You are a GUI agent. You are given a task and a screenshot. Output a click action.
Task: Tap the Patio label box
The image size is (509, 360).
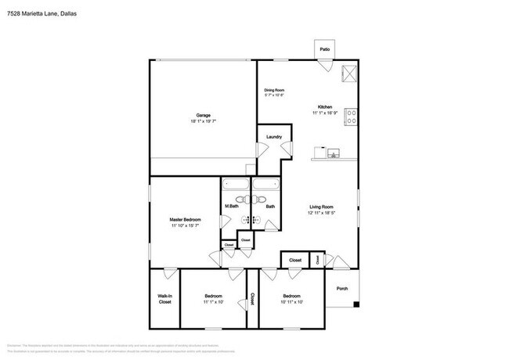pyautogui.click(x=324, y=49)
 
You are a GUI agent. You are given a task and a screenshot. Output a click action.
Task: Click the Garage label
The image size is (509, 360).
pyautogui.click(x=203, y=115)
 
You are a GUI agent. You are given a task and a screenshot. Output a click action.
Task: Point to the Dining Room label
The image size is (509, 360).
pyautogui.click(x=273, y=91)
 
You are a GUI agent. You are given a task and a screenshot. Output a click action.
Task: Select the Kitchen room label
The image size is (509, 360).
pyautogui.click(x=325, y=107)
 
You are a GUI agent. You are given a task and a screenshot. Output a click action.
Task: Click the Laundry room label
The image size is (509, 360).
pyautogui.click(x=273, y=138)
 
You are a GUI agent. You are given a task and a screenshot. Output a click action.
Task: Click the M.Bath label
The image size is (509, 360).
pyautogui.click(x=232, y=207)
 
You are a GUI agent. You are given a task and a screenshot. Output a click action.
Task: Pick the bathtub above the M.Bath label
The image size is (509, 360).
pyautogui.click(x=235, y=185)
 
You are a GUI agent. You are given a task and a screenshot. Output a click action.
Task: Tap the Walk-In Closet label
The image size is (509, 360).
pyautogui.click(x=164, y=298)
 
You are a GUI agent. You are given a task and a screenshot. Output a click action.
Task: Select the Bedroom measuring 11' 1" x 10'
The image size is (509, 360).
pyautogui.click(x=214, y=301)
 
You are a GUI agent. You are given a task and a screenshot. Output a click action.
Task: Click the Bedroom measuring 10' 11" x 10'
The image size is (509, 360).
pyautogui.click(x=291, y=301)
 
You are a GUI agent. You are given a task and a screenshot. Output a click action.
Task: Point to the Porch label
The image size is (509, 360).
pyautogui.click(x=341, y=287)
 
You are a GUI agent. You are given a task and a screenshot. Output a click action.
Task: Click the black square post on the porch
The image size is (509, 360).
pyautogui.click(x=356, y=304)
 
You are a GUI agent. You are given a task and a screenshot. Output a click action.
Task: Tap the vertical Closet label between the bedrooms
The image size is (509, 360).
pyautogui.click(x=253, y=300)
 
